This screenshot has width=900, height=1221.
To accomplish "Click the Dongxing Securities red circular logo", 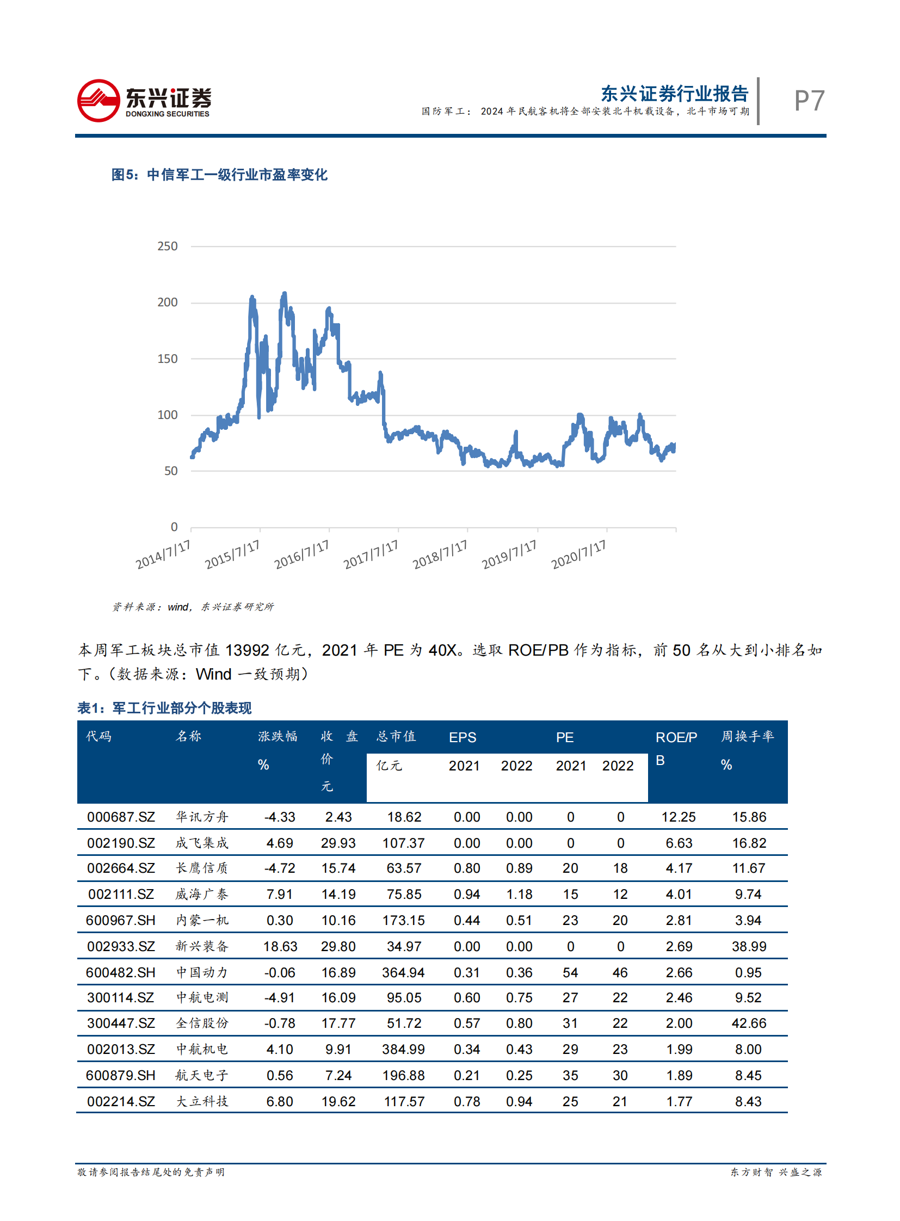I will click(x=98, y=101).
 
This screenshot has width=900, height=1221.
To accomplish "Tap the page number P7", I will click(x=809, y=101).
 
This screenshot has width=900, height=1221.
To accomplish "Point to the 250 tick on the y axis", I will click(x=167, y=246).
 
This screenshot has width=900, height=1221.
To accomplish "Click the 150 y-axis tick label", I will click(x=167, y=359).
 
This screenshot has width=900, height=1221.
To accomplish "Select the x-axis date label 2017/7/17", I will click(x=371, y=554).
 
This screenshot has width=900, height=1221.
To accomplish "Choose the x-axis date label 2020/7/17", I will click(x=578, y=554).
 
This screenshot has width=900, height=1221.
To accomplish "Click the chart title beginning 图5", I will click(x=219, y=175).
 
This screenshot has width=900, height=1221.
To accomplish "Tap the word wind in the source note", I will click(x=177, y=607).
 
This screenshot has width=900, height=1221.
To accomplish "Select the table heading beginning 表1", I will click(x=164, y=708).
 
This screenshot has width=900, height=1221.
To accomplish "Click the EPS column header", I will click(x=463, y=737).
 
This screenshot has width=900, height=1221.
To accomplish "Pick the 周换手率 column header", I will click(x=748, y=737).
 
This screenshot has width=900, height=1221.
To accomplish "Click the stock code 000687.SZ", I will click(x=121, y=817).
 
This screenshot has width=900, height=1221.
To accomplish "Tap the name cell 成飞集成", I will click(x=201, y=843).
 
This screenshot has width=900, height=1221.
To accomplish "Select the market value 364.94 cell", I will click(x=404, y=972).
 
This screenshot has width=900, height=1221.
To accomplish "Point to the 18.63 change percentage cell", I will click(x=280, y=946).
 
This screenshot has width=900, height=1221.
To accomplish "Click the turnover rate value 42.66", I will click(x=749, y=1023).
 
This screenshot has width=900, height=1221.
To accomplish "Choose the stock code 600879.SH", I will click(x=120, y=1076).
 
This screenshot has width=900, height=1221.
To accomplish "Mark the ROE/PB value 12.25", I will click(x=679, y=817).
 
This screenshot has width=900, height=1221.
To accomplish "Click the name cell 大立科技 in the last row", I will click(x=201, y=1101).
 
